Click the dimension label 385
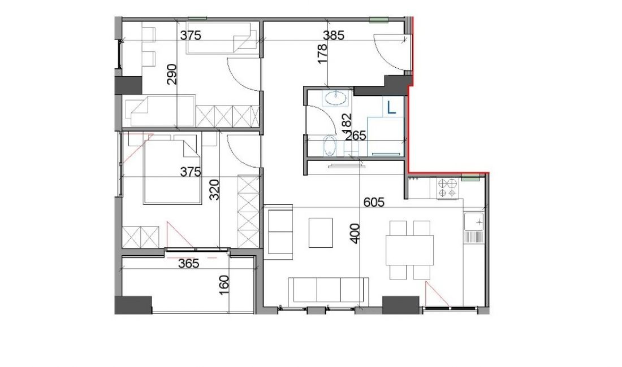tap(334, 35)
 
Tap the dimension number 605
tap(374, 202)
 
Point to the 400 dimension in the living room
tap(356, 234)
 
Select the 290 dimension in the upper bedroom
tap(172, 75)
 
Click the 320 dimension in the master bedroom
tap(214, 190)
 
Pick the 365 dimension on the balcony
tap(188, 263)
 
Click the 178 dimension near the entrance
tap(322, 54)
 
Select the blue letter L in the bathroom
tap(391, 107)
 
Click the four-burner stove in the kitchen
tap(447, 188)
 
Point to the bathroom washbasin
tap(335, 98)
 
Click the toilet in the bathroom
tap(330, 146)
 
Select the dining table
tap(410, 250)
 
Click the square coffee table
tap(321, 233)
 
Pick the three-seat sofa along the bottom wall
tap(329, 291)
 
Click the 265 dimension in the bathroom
tap(356, 136)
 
